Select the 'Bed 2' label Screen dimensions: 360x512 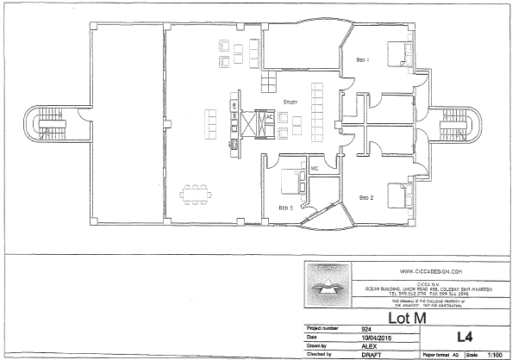pyautogui.click(x=365, y=198)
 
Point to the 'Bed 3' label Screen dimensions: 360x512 pyautogui.click(x=285, y=208)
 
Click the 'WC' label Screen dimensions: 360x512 pyautogui.click(x=315, y=168)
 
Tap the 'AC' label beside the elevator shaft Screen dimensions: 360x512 pyautogui.click(x=269, y=116)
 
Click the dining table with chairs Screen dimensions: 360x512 pyautogui.click(x=200, y=191)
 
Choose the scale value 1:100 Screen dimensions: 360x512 pyautogui.click(x=496, y=354)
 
